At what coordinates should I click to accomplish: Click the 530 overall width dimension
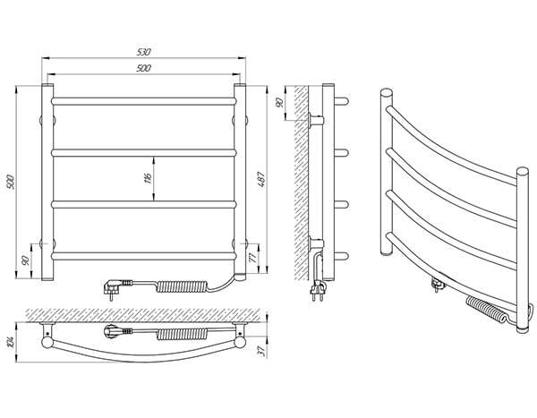pyautogui.click(x=144, y=52)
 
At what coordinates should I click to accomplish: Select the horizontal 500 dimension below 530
pyautogui.click(x=144, y=68)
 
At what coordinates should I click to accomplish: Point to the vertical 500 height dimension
pyautogui.click(x=11, y=182)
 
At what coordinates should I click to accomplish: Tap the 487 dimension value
pyautogui.click(x=261, y=179)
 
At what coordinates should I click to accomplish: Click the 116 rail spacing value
pyautogui.click(x=148, y=178)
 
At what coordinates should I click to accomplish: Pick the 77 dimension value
pyautogui.click(x=253, y=258)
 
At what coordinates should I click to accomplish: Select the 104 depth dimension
pyautogui.click(x=10, y=343)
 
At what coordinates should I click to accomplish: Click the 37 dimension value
pyautogui.click(x=262, y=351)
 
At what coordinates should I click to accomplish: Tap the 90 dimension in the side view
pyautogui.click(x=279, y=102)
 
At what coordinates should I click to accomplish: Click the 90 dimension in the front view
pyautogui.click(x=25, y=260)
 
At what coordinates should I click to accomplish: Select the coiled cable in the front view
pyautogui.click(x=182, y=286)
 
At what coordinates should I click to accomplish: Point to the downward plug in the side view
pyautogui.click(x=317, y=291)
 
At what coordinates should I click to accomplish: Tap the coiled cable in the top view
pyautogui.click(x=183, y=334)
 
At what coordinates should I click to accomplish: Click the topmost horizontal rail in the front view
pyautogui.click(x=144, y=101)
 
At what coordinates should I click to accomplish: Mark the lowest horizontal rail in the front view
pyautogui.click(x=144, y=256)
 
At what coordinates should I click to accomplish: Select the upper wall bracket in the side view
pyautogui.click(x=316, y=121)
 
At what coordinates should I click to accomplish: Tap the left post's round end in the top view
pyautogui.click(x=47, y=343)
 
